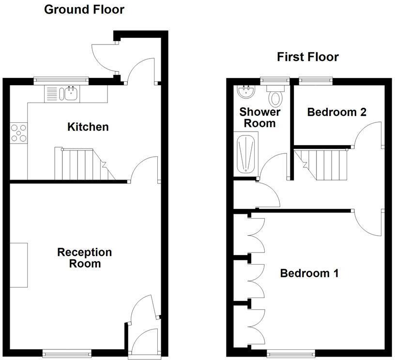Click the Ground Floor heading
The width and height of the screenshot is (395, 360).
84,9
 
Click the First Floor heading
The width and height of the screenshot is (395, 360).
307,57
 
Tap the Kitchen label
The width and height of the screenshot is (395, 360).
88,127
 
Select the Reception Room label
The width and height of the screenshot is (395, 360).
84,258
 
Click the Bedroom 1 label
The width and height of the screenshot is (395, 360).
309,273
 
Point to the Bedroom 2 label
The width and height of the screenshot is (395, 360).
336,112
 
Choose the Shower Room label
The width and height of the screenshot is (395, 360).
260,118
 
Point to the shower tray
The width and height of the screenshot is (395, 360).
246,154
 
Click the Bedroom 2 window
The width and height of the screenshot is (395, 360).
315,80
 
